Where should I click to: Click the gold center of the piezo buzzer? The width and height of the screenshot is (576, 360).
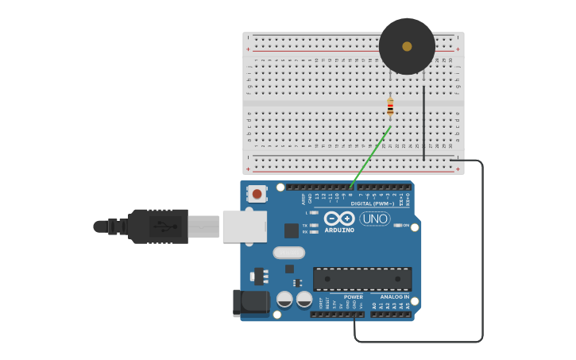click(x=407, y=46)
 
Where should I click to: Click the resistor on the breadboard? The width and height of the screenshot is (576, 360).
click(x=390, y=106)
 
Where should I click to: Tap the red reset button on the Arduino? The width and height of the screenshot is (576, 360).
click(x=257, y=193)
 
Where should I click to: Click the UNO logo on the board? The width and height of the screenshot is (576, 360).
click(x=374, y=219)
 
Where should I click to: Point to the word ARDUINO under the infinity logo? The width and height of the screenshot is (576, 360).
click(x=339, y=230)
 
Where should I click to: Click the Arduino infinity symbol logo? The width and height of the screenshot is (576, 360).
click(x=339, y=218)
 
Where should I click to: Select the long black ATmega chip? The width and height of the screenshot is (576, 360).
click(x=362, y=279)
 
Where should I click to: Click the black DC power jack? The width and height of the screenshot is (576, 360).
click(x=249, y=303)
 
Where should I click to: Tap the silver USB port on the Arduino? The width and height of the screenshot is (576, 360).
click(x=244, y=226)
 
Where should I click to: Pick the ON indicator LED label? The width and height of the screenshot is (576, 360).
click(x=405, y=225)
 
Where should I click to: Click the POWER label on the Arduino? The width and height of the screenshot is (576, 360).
click(x=353, y=297)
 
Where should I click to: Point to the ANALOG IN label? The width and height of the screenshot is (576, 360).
click(x=394, y=297)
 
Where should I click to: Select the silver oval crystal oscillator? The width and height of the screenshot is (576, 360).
click(x=288, y=253)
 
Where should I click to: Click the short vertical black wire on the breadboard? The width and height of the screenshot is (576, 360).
click(x=423, y=123)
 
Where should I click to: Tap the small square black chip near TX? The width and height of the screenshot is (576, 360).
click(x=292, y=230)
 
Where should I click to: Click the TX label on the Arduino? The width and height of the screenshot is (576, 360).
click(x=304, y=225)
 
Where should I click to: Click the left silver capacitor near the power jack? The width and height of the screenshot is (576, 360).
click(x=284, y=300)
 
